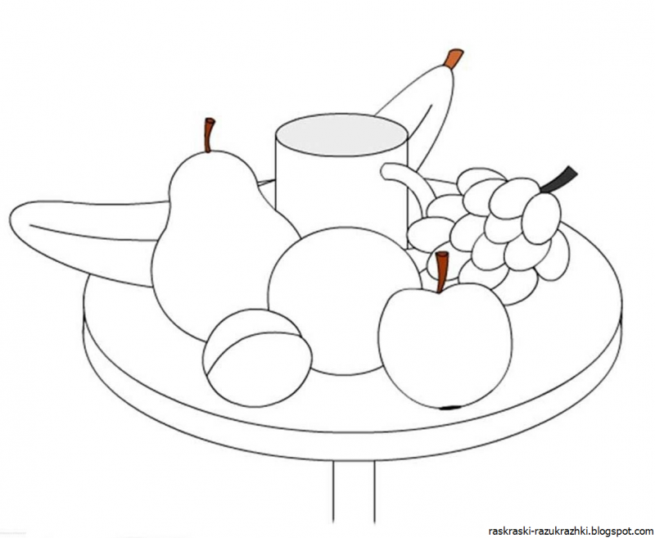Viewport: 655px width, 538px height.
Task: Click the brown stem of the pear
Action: coord(209,135)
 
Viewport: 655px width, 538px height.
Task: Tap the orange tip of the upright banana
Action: coord(454,58)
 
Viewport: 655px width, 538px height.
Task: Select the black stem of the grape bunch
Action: coord(559,179)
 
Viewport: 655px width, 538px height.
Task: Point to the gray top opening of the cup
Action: coord(341,133)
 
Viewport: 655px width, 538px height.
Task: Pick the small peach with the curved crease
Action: coord(257,358)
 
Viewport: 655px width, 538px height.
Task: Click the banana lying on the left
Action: coord(84,238)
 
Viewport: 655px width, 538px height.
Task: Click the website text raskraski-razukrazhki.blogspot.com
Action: coord(571,531)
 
